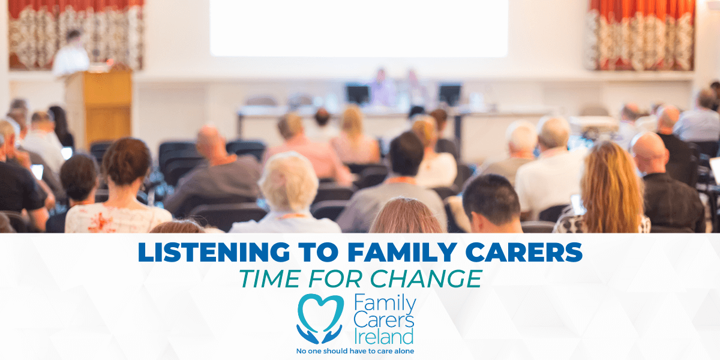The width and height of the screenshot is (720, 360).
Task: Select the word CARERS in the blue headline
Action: [524, 252]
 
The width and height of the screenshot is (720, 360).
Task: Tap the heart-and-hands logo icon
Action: [320, 319]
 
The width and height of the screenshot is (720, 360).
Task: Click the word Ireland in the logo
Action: [383, 337]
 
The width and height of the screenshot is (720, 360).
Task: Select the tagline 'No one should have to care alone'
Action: [355, 351]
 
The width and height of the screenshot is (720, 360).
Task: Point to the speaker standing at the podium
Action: [71, 53]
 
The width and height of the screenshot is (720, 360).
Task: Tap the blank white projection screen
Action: [359, 28]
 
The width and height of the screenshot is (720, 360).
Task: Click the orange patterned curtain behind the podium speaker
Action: [76, 34]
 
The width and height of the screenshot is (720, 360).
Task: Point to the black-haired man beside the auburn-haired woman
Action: [492, 203]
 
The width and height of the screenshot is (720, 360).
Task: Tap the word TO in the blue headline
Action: [319, 252]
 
